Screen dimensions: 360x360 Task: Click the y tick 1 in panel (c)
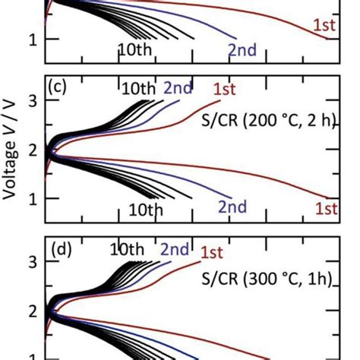point(31,198)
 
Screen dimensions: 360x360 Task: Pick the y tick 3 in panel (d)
point(31,264)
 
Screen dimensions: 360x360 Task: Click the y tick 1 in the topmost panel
point(31,39)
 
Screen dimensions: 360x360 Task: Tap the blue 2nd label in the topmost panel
point(242,50)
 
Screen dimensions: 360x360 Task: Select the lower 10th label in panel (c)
point(143,208)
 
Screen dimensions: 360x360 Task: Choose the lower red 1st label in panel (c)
point(326,207)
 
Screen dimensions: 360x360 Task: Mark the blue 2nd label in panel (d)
point(176,249)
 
